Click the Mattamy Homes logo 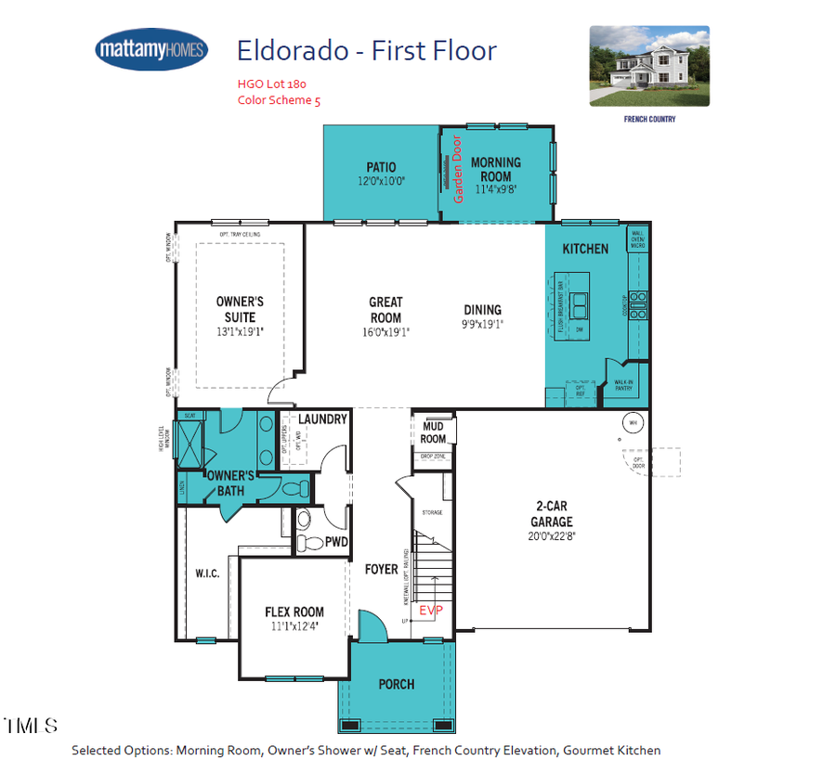pos(151,49)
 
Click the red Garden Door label pos(457,169)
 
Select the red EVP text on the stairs pos(431,611)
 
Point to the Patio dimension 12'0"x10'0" pos(381,182)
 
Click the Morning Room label pos(496,169)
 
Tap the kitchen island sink pos(580,301)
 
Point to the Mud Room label pos(434,432)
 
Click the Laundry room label pos(322,419)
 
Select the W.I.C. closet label pos(207,573)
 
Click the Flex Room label pos(294,612)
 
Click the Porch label pos(397,684)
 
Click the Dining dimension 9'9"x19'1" pos(482,324)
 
